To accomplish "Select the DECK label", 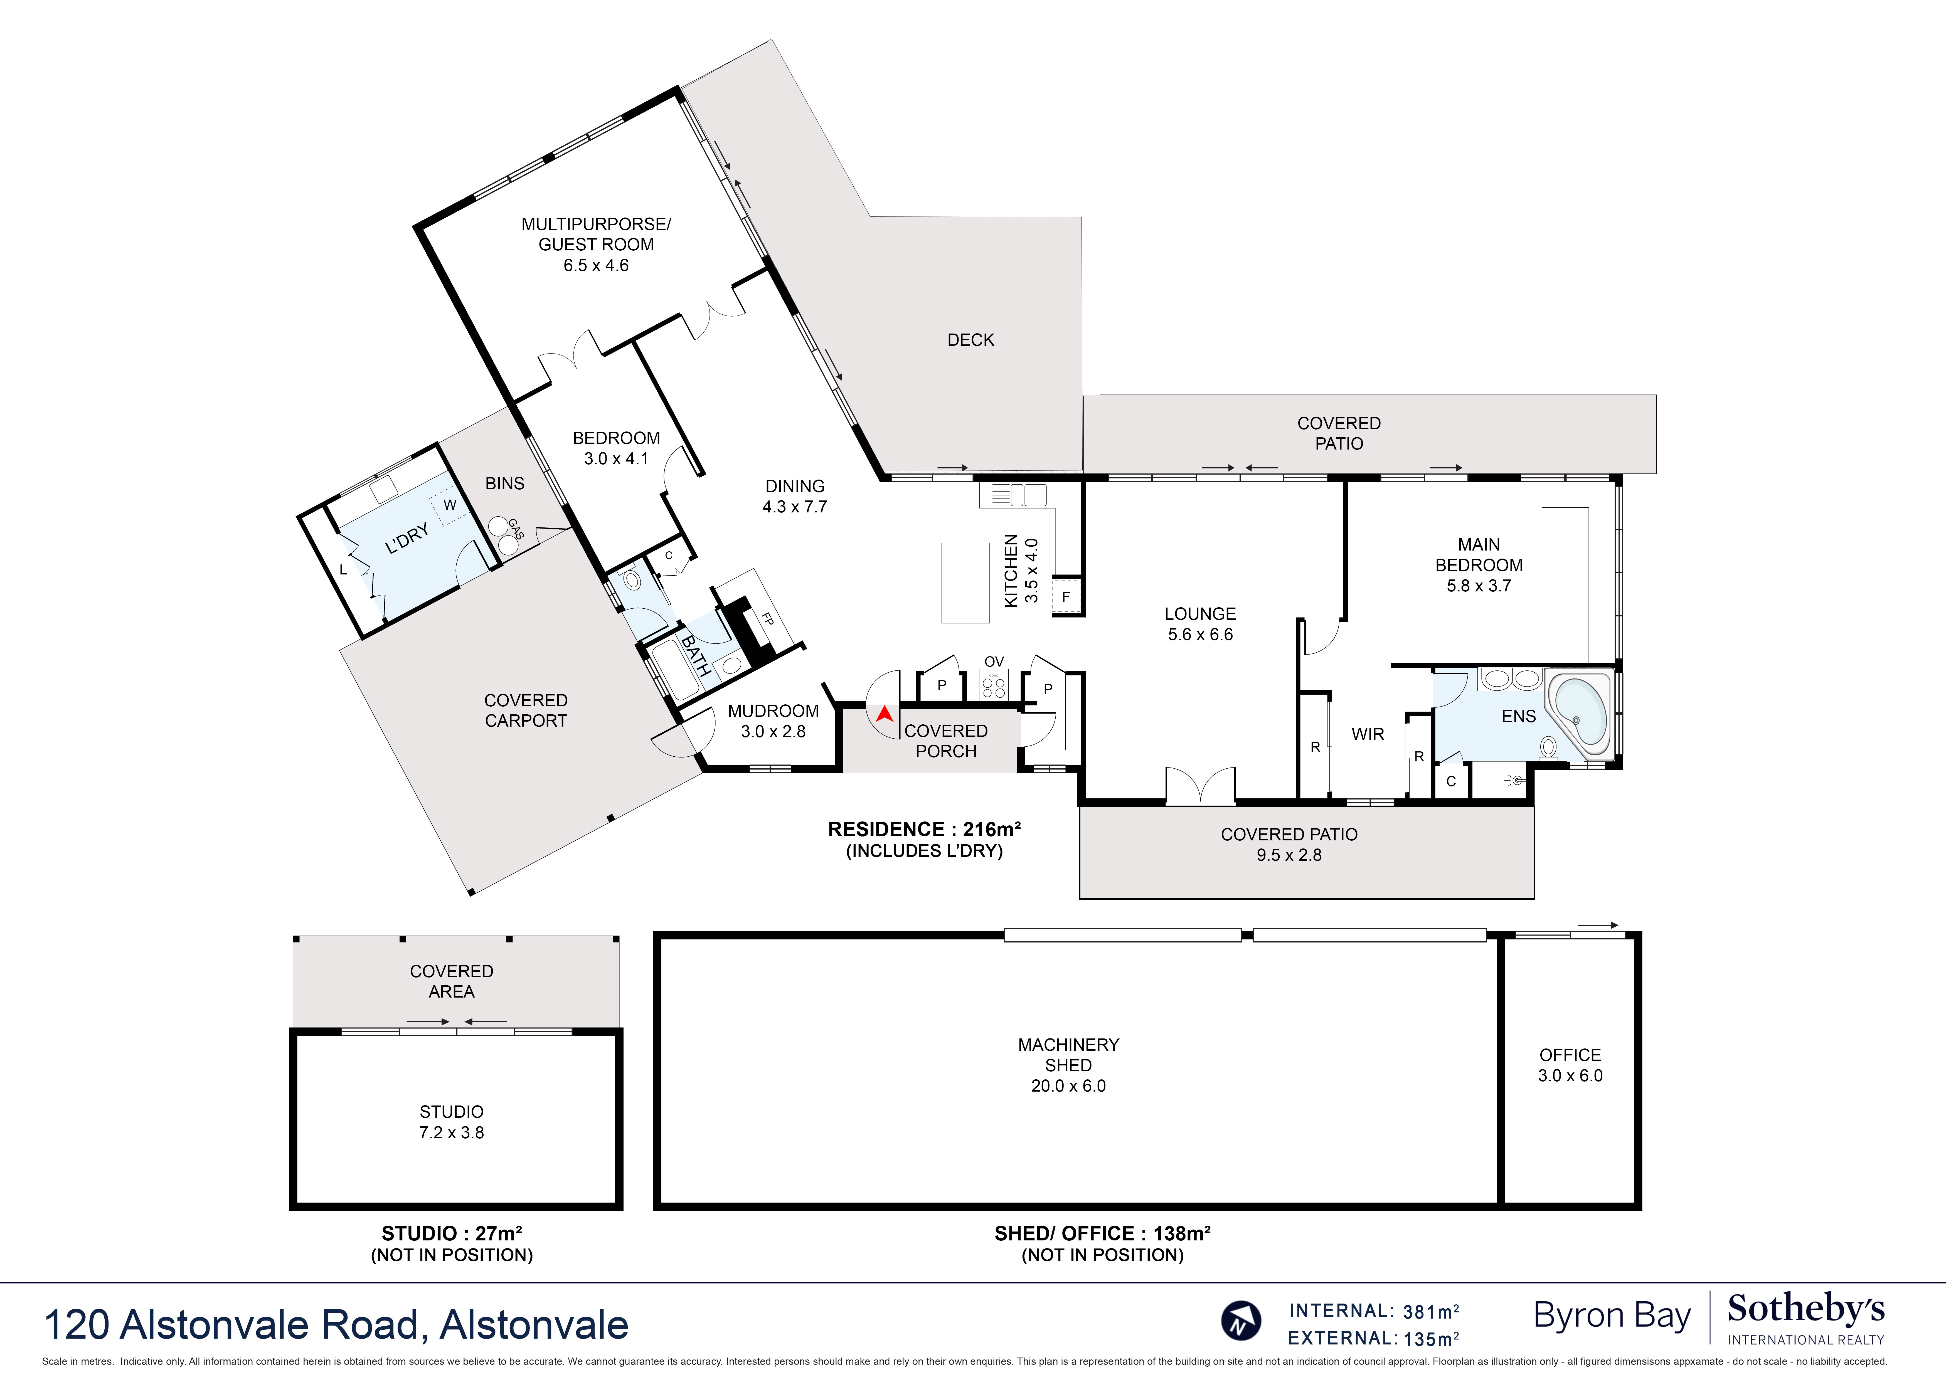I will click(970, 340).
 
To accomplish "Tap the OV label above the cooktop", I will click(994, 661).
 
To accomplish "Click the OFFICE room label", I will click(1570, 1055).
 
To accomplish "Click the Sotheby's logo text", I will click(1805, 1310).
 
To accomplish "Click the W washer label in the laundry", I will click(449, 505).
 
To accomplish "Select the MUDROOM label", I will click(772, 710).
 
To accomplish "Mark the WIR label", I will click(1367, 734).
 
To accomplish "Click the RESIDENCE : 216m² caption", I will click(923, 829).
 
